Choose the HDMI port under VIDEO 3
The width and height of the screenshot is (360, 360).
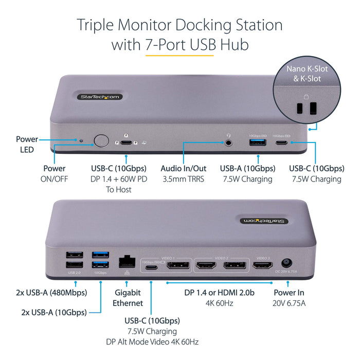pyautogui.click(x=262, y=266)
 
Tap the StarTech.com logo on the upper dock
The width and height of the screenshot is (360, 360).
pyautogui.click(x=100, y=96)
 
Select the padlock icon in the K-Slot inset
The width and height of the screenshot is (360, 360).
pyautogui.click(x=307, y=96)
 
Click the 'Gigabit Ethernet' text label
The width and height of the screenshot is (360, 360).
pyautogui.click(x=128, y=298)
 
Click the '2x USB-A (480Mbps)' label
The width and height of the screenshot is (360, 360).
pyautogui.click(x=50, y=293)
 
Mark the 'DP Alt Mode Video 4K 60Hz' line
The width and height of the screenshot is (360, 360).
pyautogui.click(x=152, y=341)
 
